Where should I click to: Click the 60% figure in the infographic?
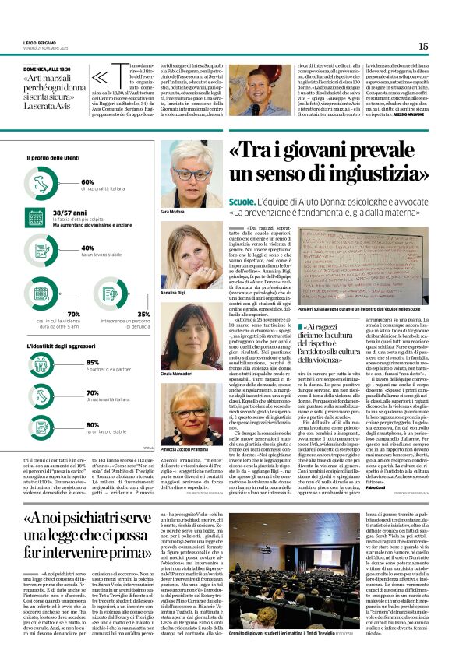tap(87, 181)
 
